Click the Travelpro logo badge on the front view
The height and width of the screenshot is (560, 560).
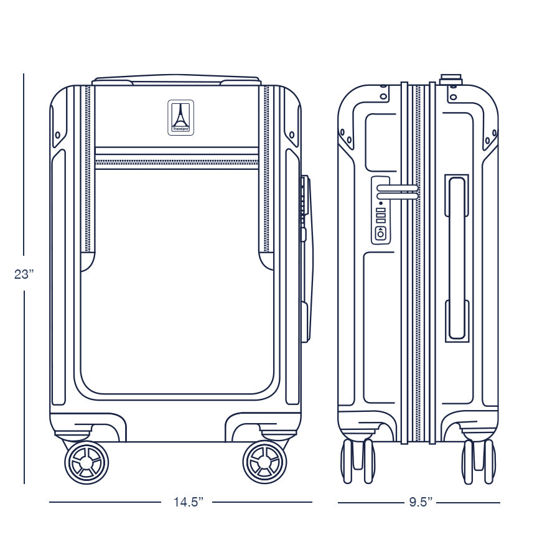click(180, 117)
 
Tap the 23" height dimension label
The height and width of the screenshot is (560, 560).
click(24, 274)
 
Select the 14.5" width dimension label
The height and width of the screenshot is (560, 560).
click(189, 502)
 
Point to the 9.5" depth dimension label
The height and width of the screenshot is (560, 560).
click(421, 502)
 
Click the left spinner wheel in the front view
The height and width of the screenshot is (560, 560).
click(86, 462)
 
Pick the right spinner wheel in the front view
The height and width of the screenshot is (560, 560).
click(264, 462)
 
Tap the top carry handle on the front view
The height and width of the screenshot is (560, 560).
click(176, 80)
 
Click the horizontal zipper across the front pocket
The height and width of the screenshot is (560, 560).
click(176, 162)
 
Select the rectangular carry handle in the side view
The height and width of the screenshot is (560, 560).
click(457, 258)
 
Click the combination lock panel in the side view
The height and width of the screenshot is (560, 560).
click(380, 210)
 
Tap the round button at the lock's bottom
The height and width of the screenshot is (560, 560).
click(380, 234)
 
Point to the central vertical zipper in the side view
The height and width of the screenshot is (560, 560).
click(418, 261)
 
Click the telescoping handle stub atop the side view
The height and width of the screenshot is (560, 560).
click(450, 79)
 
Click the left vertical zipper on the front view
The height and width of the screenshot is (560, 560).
click(88, 168)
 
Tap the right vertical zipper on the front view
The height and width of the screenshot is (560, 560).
click(267, 168)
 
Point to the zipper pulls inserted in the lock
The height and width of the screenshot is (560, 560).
click(398, 192)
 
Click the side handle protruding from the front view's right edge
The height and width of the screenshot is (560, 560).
click(306, 258)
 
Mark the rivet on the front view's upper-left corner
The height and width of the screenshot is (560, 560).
click(58, 134)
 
